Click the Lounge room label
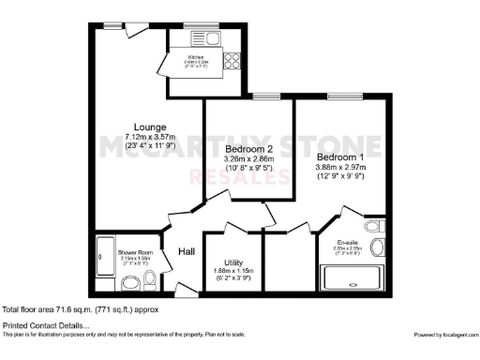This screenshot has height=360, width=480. pyautogui.click(x=149, y=127)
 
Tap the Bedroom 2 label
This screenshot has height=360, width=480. pyautogui.click(x=248, y=150)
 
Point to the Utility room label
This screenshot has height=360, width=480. pyautogui.click(x=234, y=262)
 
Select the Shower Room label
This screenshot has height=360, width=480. pyautogui.click(x=133, y=253)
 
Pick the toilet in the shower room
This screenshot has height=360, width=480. pyautogui.click(x=134, y=280)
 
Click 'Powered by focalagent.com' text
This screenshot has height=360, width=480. pyautogui.click(x=445, y=334)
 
